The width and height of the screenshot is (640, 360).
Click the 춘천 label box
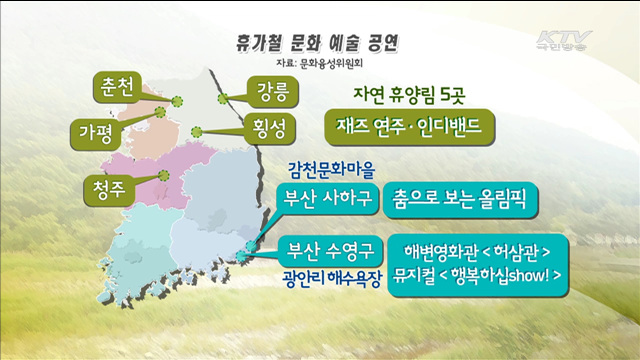117,87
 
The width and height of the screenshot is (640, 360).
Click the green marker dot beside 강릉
220,97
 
